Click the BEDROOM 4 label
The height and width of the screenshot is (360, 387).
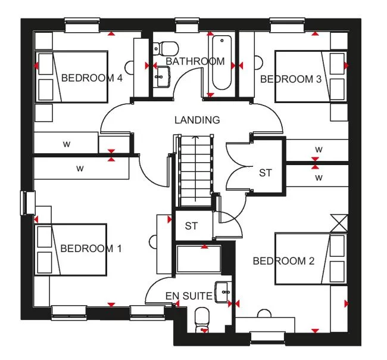tap(92, 77)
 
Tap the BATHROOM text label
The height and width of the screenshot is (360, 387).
tap(195, 61)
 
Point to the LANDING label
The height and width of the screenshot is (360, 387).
tap(197, 120)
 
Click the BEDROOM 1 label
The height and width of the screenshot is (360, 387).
tap(90, 249)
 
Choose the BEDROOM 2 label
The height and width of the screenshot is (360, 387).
tap(283, 260)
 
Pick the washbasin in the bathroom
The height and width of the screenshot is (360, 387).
tap(162, 76)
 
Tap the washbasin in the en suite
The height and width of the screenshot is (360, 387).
tap(223, 290)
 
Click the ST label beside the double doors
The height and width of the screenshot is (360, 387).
tap(265, 173)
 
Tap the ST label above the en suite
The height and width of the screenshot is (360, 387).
tap(191, 226)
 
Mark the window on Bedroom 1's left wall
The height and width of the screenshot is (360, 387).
tap(25, 202)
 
